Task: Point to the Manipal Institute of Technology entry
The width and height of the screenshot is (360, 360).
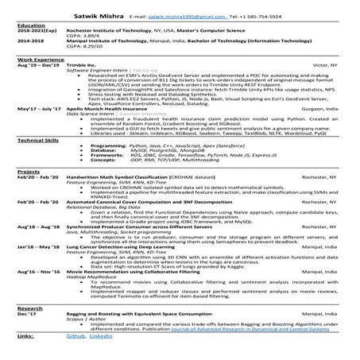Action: coord(106,41)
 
